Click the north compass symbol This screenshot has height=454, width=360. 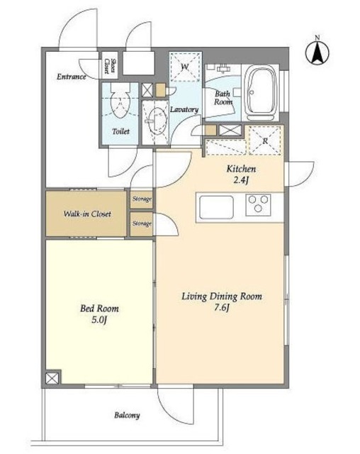[x=317, y=51]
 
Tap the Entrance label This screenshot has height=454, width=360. [x=72, y=77]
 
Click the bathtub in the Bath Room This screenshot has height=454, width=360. [x=260, y=93]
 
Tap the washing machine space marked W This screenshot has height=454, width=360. [x=185, y=67]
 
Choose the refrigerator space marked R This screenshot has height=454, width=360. [x=265, y=140]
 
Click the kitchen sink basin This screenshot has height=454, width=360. [x=216, y=207]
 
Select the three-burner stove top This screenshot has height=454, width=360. [x=258, y=205]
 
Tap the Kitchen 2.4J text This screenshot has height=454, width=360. [x=242, y=175]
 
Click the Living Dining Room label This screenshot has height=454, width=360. [x=222, y=297]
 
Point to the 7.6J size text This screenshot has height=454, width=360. [x=222, y=308]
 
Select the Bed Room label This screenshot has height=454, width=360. [x=99, y=309]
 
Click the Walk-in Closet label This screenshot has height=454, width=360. [x=87, y=214]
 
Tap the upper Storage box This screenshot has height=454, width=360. [x=142, y=199]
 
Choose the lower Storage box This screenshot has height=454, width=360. [x=142, y=224]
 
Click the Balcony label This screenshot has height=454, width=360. [x=127, y=416]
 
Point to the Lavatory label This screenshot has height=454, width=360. [x=184, y=109]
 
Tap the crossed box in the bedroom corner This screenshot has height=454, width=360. [x=52, y=378]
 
